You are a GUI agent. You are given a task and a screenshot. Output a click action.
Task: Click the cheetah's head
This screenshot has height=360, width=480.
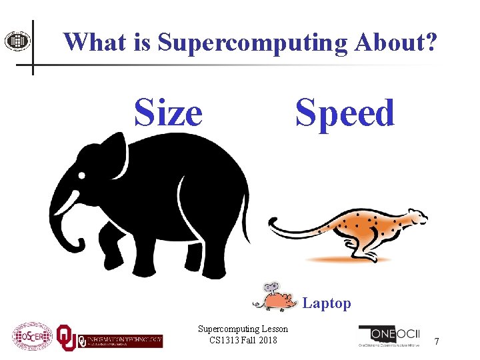(x=415, y=218)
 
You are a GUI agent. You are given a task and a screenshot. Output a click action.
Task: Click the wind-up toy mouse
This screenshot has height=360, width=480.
(x=276, y=299)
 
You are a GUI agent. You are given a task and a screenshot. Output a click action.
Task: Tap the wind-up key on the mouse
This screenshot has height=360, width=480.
(x=269, y=288)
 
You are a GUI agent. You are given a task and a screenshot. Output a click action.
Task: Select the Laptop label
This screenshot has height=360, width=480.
(x=327, y=303)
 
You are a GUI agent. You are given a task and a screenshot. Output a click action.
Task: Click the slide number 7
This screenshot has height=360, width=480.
(x=437, y=341)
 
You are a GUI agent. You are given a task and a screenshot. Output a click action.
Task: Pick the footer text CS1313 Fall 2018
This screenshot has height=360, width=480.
(x=243, y=341)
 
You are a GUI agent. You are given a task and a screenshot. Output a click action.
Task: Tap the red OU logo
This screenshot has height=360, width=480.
(x=66, y=337)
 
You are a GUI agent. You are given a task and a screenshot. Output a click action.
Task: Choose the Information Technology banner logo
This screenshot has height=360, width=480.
(x=121, y=340)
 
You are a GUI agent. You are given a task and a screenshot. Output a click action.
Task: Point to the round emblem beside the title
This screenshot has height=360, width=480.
(x=17, y=41)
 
